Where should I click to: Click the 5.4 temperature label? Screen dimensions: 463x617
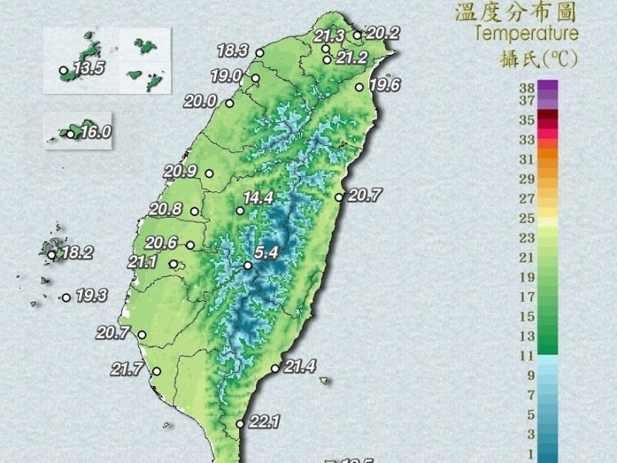tap(266, 252)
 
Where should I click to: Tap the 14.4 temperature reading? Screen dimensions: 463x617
tap(258, 198)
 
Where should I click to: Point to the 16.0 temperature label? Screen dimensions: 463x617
tap(96, 133)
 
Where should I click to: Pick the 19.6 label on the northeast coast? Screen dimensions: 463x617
tap(384, 85)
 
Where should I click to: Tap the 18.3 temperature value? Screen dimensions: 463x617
tap(232, 52)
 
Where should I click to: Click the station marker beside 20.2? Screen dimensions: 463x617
tap(357, 35)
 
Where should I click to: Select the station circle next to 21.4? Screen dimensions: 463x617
tap(275, 369)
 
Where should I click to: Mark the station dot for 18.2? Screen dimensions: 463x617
tap(52, 255)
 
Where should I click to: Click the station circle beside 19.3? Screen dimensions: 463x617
tap(66, 297)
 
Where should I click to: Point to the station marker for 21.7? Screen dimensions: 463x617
tap(156, 371)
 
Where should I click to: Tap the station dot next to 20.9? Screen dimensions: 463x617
tap(207, 174)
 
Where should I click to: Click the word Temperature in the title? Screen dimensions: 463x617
tap(527, 33)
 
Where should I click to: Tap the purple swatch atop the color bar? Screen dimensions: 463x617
tap(548, 86)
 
